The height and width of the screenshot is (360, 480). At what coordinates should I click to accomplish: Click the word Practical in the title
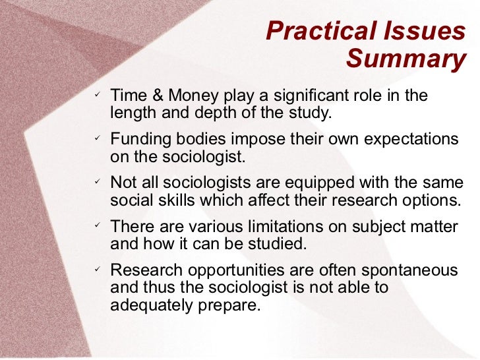pos(315,31)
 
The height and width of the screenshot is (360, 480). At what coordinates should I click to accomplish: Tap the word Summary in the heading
pos(405,59)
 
